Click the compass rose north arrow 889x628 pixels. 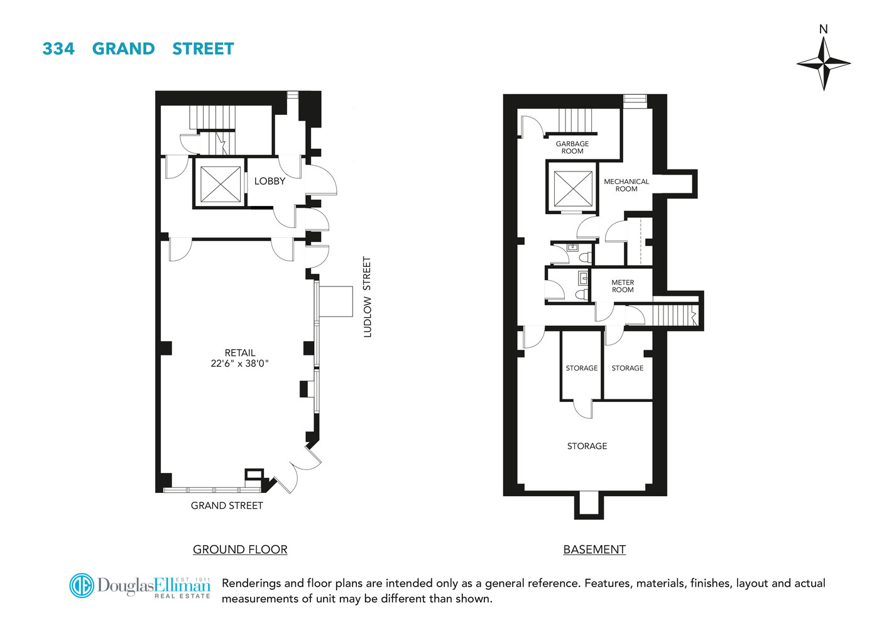823,63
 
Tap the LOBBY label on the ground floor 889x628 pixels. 270,181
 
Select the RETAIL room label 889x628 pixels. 240,353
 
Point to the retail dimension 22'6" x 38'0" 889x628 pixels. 239,364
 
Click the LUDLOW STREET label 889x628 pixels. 368,297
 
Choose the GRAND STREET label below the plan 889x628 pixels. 227,506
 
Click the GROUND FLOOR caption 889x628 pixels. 240,549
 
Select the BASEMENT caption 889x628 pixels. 594,549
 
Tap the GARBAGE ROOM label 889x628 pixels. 572,148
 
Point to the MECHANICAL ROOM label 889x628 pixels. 626,185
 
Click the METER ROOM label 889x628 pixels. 623,286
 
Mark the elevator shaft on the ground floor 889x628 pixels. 221,185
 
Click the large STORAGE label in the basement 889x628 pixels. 587,446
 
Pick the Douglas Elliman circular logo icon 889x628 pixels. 82,585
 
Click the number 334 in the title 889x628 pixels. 58,49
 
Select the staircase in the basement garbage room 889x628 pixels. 575,121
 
